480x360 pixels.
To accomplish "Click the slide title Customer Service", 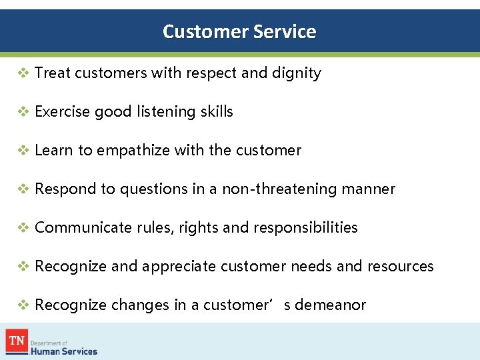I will pyautogui.click(x=239, y=31).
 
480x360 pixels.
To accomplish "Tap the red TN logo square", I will pyautogui.click(x=16, y=341).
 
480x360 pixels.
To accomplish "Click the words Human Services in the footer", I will pyautogui.click(x=64, y=351).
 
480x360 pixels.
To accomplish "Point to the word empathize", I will pyautogui.click(x=133, y=151).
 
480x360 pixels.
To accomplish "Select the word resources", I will pyautogui.click(x=400, y=267).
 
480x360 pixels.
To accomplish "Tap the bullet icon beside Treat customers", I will pyautogui.click(x=23, y=73).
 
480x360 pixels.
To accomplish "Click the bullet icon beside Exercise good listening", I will pyautogui.click(x=23, y=112).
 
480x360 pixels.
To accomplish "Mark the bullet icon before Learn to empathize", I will pyautogui.click(x=23, y=151).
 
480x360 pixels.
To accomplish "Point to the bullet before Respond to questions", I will pyautogui.click(x=23, y=189).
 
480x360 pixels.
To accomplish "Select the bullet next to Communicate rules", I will pyautogui.click(x=23, y=228).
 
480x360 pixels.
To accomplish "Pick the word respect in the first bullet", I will pyautogui.click(x=211, y=73).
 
